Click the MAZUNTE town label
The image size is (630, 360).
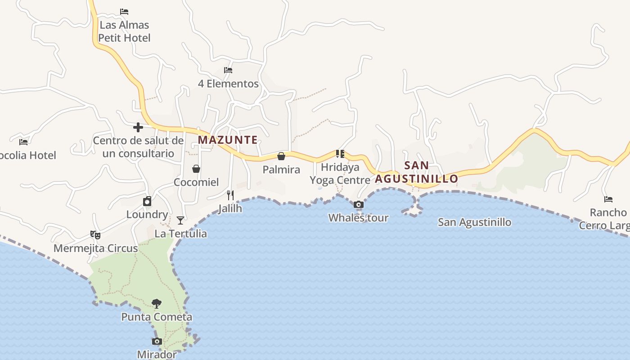(228, 140)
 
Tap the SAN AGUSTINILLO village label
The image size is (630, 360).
(417, 172)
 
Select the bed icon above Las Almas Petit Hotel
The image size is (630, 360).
(124, 12)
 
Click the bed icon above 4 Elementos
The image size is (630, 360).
(228, 70)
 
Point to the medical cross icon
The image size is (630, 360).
(138, 127)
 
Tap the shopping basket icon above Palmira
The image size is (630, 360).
(281, 156)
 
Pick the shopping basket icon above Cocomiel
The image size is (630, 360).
(196, 169)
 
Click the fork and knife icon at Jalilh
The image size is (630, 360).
(230, 195)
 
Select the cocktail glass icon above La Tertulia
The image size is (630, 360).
(180, 220)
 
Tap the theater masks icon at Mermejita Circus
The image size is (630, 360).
(95, 234)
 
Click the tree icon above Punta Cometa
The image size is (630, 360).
(157, 304)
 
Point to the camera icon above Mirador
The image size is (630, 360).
(157, 341)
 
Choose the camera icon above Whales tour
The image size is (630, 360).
(359, 205)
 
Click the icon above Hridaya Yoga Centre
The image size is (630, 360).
(340, 154)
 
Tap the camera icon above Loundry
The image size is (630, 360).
(147, 201)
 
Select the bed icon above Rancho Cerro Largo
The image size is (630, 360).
(608, 199)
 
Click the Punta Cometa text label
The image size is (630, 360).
(157, 317)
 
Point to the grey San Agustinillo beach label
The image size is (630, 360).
(474, 222)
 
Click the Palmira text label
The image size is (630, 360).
(281, 170)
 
